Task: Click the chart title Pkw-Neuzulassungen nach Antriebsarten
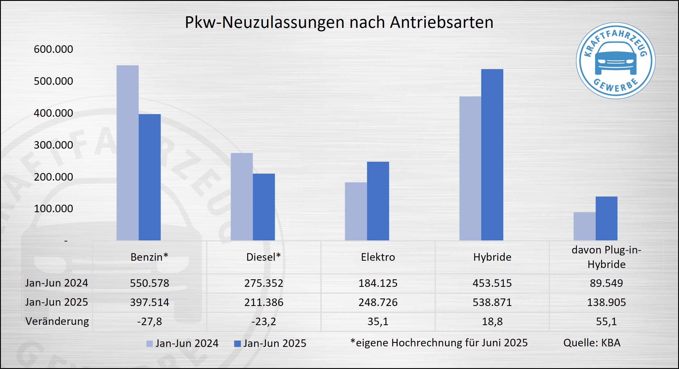(x=339, y=22)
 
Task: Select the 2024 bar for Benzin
(x=128, y=153)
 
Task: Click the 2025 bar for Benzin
(x=150, y=177)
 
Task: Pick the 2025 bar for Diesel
(x=264, y=207)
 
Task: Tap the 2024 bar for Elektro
(x=356, y=211)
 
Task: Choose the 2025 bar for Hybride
(x=492, y=154)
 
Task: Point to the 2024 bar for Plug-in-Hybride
(x=584, y=226)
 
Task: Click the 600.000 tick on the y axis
(x=53, y=49)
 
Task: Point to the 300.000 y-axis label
(x=53, y=145)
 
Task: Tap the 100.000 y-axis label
(x=53, y=209)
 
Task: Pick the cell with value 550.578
(x=149, y=283)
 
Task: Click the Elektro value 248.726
(x=378, y=302)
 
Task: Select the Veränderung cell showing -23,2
(x=264, y=321)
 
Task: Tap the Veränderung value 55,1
(x=606, y=321)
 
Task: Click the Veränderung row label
(x=57, y=321)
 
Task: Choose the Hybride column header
(x=492, y=257)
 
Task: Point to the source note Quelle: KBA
(x=592, y=343)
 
